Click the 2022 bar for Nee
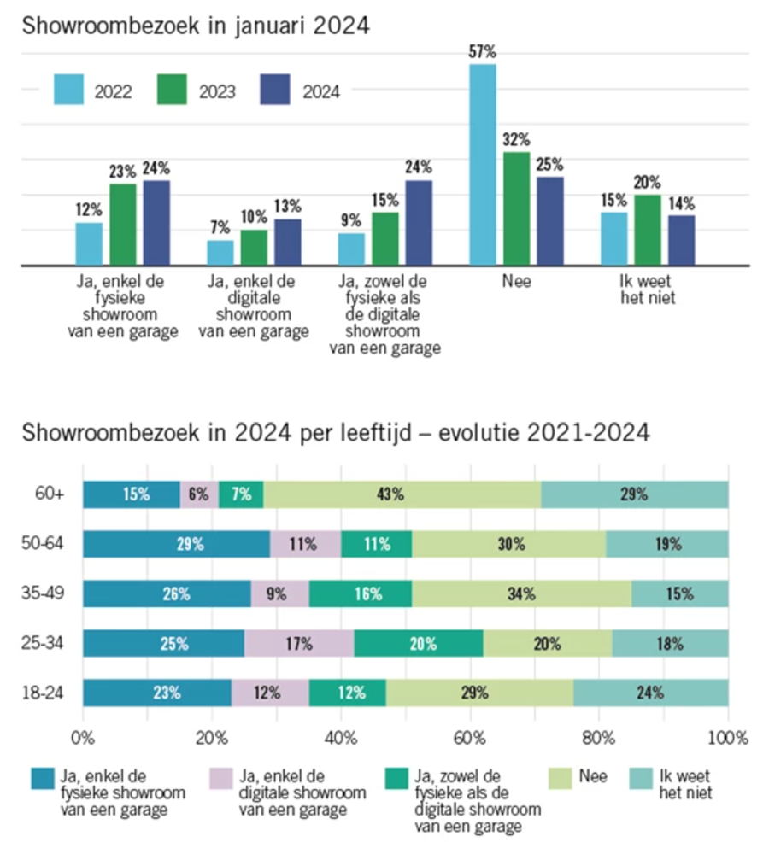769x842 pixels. (x=483, y=165)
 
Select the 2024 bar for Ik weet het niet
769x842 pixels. (x=681, y=241)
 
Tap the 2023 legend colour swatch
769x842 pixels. (x=172, y=89)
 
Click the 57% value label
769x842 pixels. (x=482, y=51)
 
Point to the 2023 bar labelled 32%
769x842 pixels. (x=516, y=209)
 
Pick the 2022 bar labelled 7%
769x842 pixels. (x=220, y=253)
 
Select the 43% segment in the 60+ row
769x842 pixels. (x=402, y=494)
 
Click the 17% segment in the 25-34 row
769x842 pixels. (x=299, y=643)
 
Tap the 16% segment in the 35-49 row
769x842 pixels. (x=361, y=593)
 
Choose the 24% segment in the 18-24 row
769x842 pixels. (x=651, y=693)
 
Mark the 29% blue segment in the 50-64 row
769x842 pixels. (x=177, y=544)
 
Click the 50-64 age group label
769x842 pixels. (x=43, y=543)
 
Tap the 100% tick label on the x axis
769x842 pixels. (x=728, y=738)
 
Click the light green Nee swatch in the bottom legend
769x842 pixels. (x=560, y=779)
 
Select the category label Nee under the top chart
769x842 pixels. (x=516, y=281)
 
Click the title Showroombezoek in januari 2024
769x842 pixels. (x=196, y=26)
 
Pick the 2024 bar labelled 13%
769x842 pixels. (x=288, y=243)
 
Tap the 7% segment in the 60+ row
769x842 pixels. (x=241, y=494)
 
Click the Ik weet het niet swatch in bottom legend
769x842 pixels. (x=641, y=779)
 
